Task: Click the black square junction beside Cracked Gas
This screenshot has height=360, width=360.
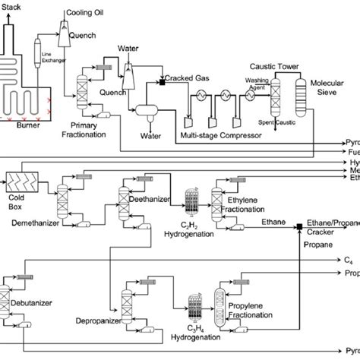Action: point(163,80)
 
